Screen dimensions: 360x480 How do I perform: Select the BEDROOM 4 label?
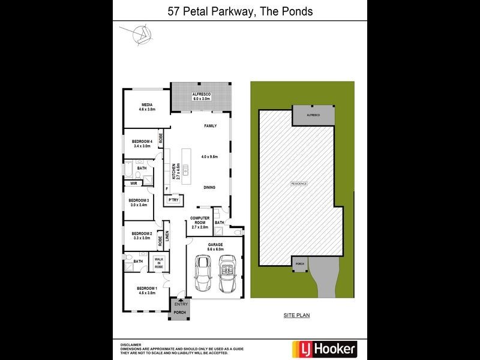click(x=142, y=142)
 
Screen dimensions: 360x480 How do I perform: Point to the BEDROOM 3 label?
click(x=139, y=200)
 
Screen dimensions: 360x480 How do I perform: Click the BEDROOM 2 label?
click(x=142, y=233)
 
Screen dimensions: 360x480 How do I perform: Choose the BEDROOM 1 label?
click(x=146, y=288)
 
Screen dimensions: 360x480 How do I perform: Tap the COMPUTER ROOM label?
click(x=199, y=220)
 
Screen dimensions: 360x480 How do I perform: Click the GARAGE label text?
click(x=215, y=245)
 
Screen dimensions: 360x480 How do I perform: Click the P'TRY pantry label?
click(x=173, y=200)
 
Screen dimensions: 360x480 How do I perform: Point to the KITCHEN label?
click(x=173, y=172)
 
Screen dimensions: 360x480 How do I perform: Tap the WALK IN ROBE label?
click(x=159, y=262)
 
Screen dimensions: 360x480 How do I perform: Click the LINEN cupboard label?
click(x=167, y=236)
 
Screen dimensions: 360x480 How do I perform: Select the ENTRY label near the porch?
click(x=181, y=304)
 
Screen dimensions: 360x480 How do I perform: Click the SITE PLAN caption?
click(x=296, y=314)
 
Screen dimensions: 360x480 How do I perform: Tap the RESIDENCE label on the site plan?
click(x=299, y=183)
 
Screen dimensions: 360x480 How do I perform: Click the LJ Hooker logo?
click(x=323, y=348)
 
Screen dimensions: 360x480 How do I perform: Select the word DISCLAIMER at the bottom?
click(x=131, y=344)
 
